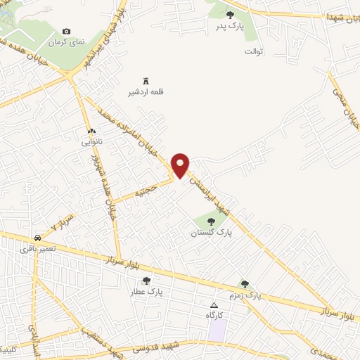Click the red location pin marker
click(181, 165)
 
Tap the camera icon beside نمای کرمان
click(67, 31)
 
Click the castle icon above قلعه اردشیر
click(146, 80)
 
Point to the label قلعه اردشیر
click(148, 92)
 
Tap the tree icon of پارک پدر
click(230, 14)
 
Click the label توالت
click(253, 51)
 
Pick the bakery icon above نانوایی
click(91, 131)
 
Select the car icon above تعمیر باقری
click(36, 237)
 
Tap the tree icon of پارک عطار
click(146, 281)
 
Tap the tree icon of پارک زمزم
click(245, 284)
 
